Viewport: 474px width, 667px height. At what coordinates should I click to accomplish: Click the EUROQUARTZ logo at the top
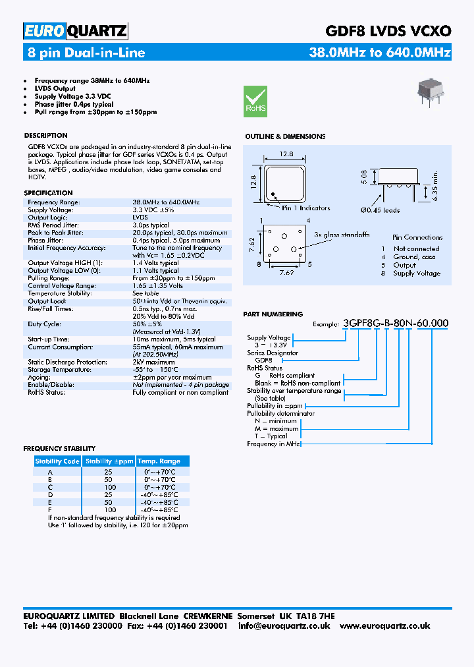[75, 31]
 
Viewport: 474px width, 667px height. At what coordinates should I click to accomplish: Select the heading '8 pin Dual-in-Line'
[86, 53]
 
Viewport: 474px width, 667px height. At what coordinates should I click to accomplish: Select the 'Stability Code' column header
[57, 461]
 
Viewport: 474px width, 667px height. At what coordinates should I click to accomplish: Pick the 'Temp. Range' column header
[159, 461]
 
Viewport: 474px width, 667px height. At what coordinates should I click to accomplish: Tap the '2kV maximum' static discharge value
[153, 362]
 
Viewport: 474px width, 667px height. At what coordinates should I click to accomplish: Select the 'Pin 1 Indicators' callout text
[306, 208]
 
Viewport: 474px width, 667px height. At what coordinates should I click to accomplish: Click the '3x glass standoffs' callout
[342, 235]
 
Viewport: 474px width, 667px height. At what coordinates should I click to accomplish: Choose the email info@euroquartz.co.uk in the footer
[284, 625]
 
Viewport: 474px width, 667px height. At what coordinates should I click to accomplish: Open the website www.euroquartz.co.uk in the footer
[385, 625]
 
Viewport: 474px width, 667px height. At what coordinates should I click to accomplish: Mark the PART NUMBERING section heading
[273, 314]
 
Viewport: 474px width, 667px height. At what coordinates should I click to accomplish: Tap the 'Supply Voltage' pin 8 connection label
[417, 274]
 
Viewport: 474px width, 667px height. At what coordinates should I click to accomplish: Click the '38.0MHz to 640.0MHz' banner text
[380, 53]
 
